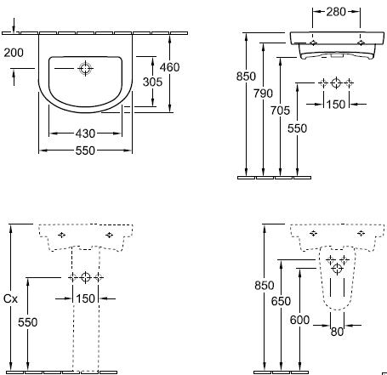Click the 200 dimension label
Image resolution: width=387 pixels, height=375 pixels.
coord(14,53)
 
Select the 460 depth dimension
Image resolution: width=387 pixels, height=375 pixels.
coord(169,67)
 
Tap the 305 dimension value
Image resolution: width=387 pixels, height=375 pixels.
coord(152,82)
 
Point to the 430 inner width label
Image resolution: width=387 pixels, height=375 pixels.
coord(85,134)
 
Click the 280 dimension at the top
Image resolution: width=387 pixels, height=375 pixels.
coord(336,12)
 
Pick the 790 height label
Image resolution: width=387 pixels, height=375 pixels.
coord(263,94)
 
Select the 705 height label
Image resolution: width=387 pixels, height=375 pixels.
coord(280,111)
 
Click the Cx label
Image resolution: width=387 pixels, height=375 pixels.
coord(10,298)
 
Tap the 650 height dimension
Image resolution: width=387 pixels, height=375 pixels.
coord(281,301)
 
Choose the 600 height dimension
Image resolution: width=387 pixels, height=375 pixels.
coord(299,320)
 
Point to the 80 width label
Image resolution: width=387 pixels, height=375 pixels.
coord(337,332)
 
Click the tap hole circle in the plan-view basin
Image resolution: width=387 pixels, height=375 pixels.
coord(85,68)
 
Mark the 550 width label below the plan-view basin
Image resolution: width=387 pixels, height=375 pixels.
coord(85,151)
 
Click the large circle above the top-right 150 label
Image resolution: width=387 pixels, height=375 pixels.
coord(336,82)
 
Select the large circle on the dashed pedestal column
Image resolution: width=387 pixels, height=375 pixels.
coord(85,277)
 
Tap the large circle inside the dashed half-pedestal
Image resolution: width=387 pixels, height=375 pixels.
coord(338,269)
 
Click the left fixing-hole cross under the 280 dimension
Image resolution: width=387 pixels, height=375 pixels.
coord(313,43)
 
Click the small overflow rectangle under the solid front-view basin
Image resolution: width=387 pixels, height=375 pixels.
coord(337,56)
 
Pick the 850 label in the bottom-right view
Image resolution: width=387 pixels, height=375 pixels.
coord(265,285)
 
